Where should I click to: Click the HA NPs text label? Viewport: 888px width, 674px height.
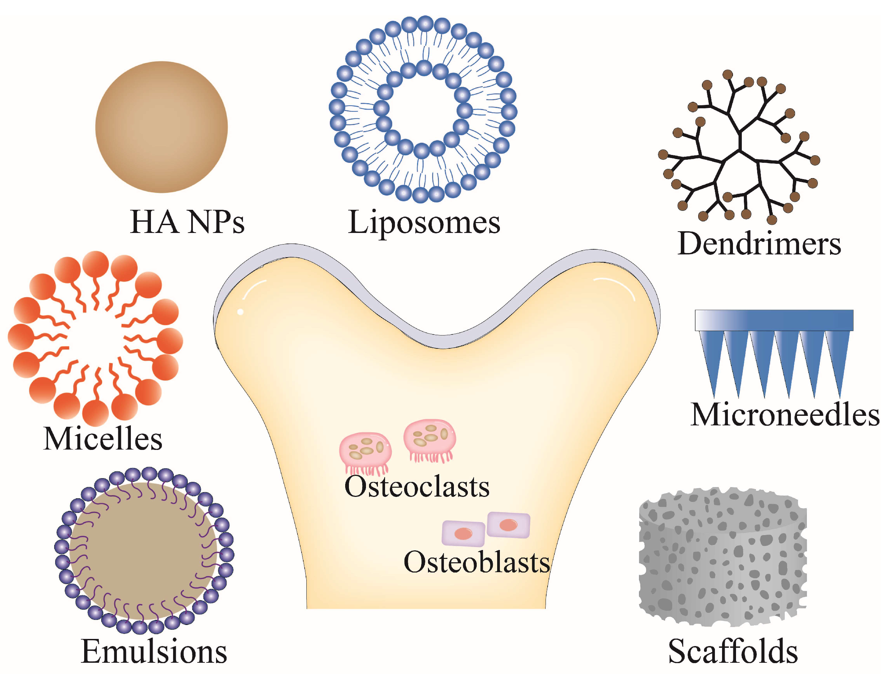(187, 222)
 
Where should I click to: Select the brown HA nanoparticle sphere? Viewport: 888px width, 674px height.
(162, 127)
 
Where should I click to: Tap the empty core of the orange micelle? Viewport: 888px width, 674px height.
(95, 339)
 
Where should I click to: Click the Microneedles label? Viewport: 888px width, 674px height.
(784, 415)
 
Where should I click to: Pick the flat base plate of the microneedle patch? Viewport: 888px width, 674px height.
(774, 320)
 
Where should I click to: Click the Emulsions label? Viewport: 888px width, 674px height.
(154, 652)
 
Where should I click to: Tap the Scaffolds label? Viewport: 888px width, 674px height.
(733, 652)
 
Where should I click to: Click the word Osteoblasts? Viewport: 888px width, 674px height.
(476, 563)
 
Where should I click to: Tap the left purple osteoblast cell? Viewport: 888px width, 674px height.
(463, 534)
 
